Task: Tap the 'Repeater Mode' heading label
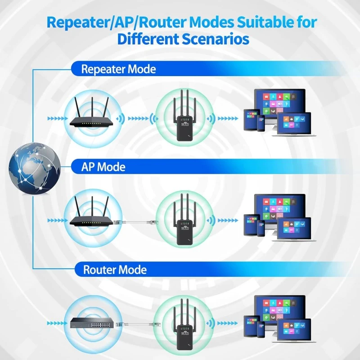[118, 69]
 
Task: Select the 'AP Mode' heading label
[103, 167]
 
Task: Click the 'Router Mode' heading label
[115, 270]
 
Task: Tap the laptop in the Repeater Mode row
[295, 123]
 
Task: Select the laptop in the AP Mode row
[295, 226]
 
